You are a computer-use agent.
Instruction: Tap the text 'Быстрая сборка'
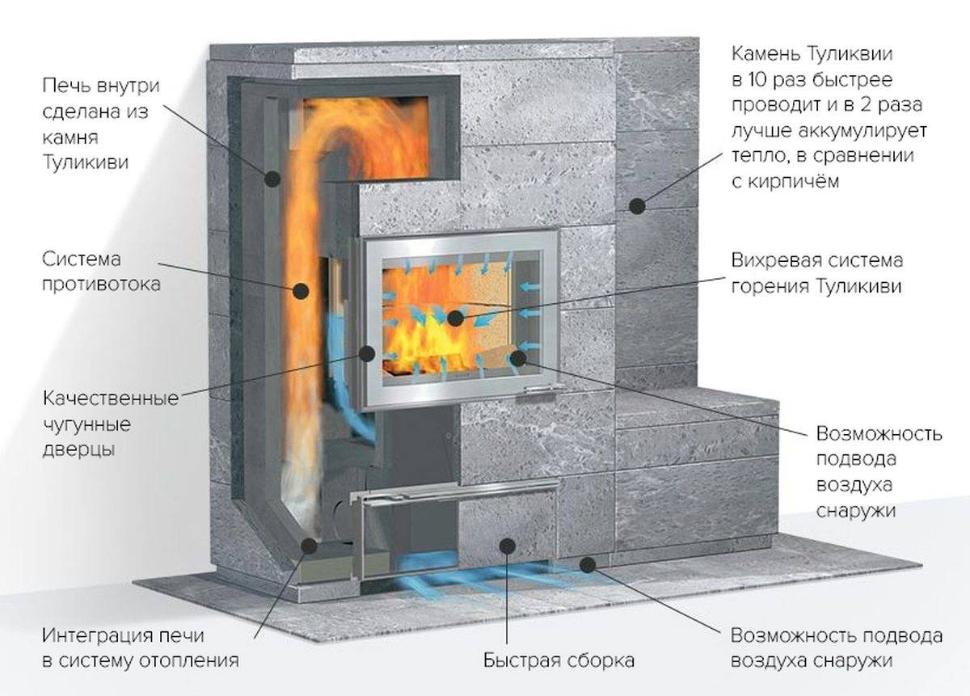click(559, 660)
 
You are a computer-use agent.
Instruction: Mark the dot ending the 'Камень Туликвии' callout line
click(639, 205)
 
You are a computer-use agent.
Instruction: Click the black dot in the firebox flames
click(456, 318)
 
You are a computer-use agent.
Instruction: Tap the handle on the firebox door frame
click(539, 392)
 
